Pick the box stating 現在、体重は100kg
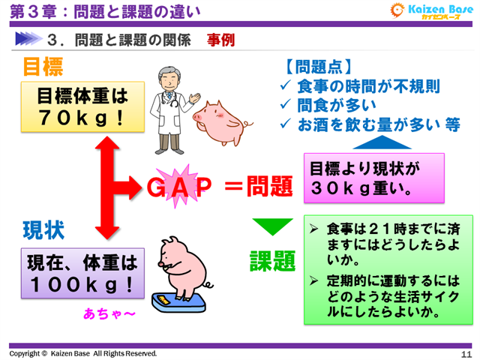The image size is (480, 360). [x=82, y=273]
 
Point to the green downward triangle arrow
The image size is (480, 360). [x=272, y=225]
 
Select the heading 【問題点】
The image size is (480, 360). [x=319, y=66]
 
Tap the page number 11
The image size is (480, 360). [x=466, y=353]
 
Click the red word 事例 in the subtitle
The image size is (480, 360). [x=221, y=39]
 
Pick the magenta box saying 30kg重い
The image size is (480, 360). [x=373, y=178]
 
